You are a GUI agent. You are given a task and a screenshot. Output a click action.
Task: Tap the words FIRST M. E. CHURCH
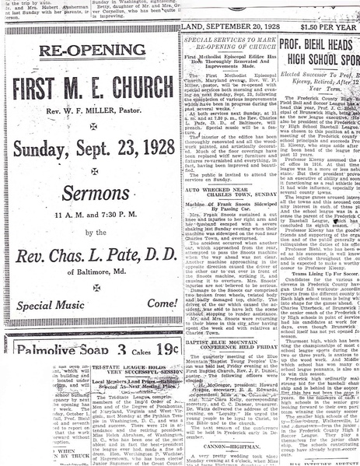coord(91,86)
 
